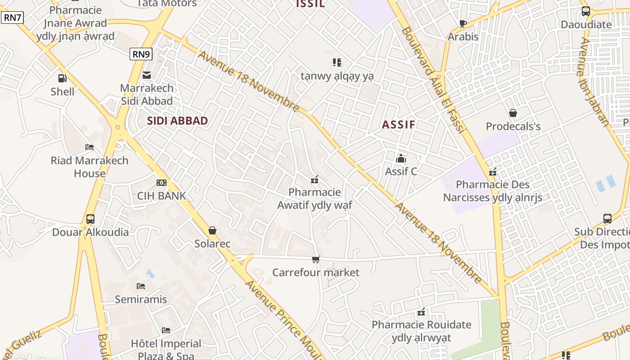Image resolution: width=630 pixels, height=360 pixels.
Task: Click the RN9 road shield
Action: (141, 54)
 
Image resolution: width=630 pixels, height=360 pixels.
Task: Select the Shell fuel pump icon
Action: (63, 78)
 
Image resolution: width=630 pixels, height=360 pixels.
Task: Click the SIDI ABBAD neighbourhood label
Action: (177, 121)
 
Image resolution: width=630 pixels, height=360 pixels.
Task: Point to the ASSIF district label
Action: (398, 125)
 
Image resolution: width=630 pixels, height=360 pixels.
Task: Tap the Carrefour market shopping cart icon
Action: (315, 259)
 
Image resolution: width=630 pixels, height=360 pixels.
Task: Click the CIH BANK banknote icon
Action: (161, 182)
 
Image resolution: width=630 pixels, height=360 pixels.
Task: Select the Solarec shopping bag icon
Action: (212, 230)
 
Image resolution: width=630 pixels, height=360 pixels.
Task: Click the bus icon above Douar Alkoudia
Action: (90, 219)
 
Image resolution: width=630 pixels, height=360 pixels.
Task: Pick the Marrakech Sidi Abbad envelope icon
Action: (147, 75)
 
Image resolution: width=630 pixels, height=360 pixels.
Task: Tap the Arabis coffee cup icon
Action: (463, 23)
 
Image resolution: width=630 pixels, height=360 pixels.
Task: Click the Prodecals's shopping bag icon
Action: (513, 113)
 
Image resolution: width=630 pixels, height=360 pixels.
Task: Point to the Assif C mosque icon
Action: (400, 158)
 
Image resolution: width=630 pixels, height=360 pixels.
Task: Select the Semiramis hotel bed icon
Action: (141, 286)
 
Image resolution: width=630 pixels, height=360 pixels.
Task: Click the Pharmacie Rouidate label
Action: (421, 331)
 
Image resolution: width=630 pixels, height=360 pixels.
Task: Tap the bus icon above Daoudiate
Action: (585, 11)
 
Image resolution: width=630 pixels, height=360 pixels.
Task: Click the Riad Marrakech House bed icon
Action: (89, 147)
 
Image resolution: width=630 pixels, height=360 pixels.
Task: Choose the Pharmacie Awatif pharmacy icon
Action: (315, 180)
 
